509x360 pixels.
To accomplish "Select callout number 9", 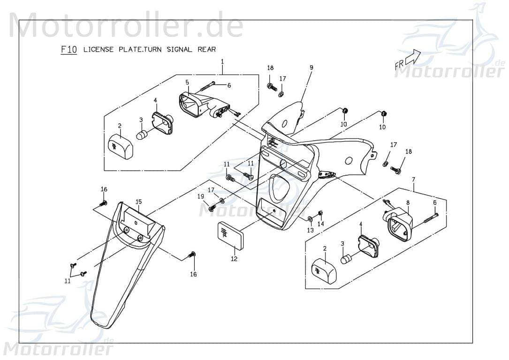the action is (311, 68).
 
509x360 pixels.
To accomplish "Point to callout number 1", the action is (222, 61).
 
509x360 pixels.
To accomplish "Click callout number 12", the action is (234, 259).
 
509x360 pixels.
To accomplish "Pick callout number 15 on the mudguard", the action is (138, 202).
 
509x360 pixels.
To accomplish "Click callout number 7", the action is (414, 180).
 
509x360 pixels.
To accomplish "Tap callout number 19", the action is (201, 196).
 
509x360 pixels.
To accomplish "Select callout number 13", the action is (311, 230).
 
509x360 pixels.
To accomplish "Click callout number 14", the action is (321, 224).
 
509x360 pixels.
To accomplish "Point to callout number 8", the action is (408, 202).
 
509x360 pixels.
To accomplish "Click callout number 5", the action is (187, 82).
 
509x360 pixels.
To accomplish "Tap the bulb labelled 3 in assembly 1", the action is (142, 134).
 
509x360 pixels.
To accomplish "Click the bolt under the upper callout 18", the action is (272, 87).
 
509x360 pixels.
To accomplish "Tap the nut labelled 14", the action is (320, 213).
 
